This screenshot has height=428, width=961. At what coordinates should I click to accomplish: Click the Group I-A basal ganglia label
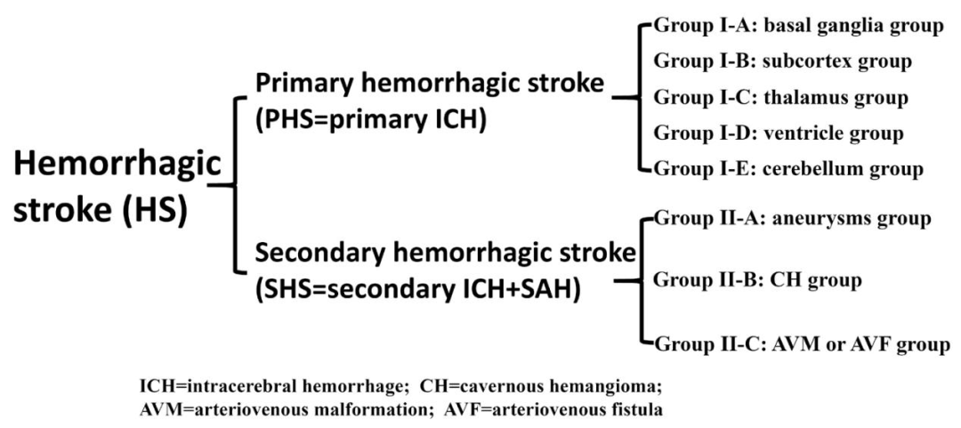(x=799, y=27)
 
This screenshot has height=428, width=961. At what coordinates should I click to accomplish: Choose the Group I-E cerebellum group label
(x=788, y=167)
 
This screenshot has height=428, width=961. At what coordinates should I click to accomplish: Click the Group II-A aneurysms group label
(x=794, y=218)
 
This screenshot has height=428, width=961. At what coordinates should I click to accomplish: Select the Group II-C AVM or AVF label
(x=803, y=344)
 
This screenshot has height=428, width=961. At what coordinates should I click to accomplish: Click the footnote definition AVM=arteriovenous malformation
(x=275, y=408)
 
